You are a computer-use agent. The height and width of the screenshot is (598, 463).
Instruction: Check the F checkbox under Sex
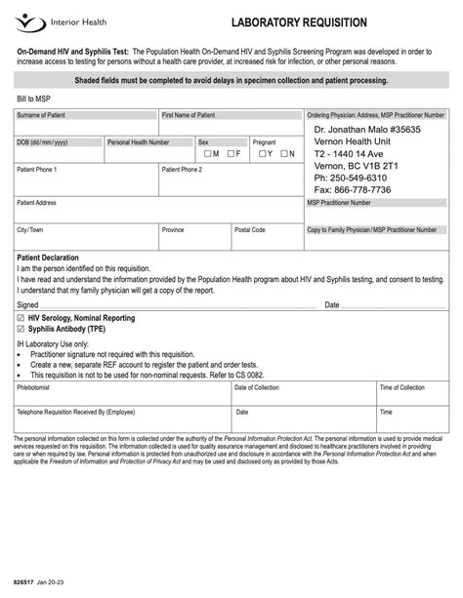click(x=230, y=153)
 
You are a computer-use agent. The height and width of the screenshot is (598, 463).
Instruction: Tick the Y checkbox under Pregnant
click(x=261, y=153)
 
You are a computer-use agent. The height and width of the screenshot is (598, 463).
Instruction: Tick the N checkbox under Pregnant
click(x=284, y=153)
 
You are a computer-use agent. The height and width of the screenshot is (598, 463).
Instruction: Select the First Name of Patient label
click(x=188, y=115)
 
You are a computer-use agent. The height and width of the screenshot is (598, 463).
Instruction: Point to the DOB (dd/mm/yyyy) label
click(x=42, y=141)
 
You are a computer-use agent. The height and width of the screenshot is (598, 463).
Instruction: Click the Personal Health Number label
click(x=138, y=141)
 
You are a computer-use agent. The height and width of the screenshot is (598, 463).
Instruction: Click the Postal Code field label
click(x=250, y=230)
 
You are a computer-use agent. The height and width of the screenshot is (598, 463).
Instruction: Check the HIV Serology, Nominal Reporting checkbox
click(x=21, y=318)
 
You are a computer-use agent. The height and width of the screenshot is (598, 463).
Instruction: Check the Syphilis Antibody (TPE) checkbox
click(x=21, y=330)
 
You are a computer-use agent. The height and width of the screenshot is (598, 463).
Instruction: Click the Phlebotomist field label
click(x=35, y=387)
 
